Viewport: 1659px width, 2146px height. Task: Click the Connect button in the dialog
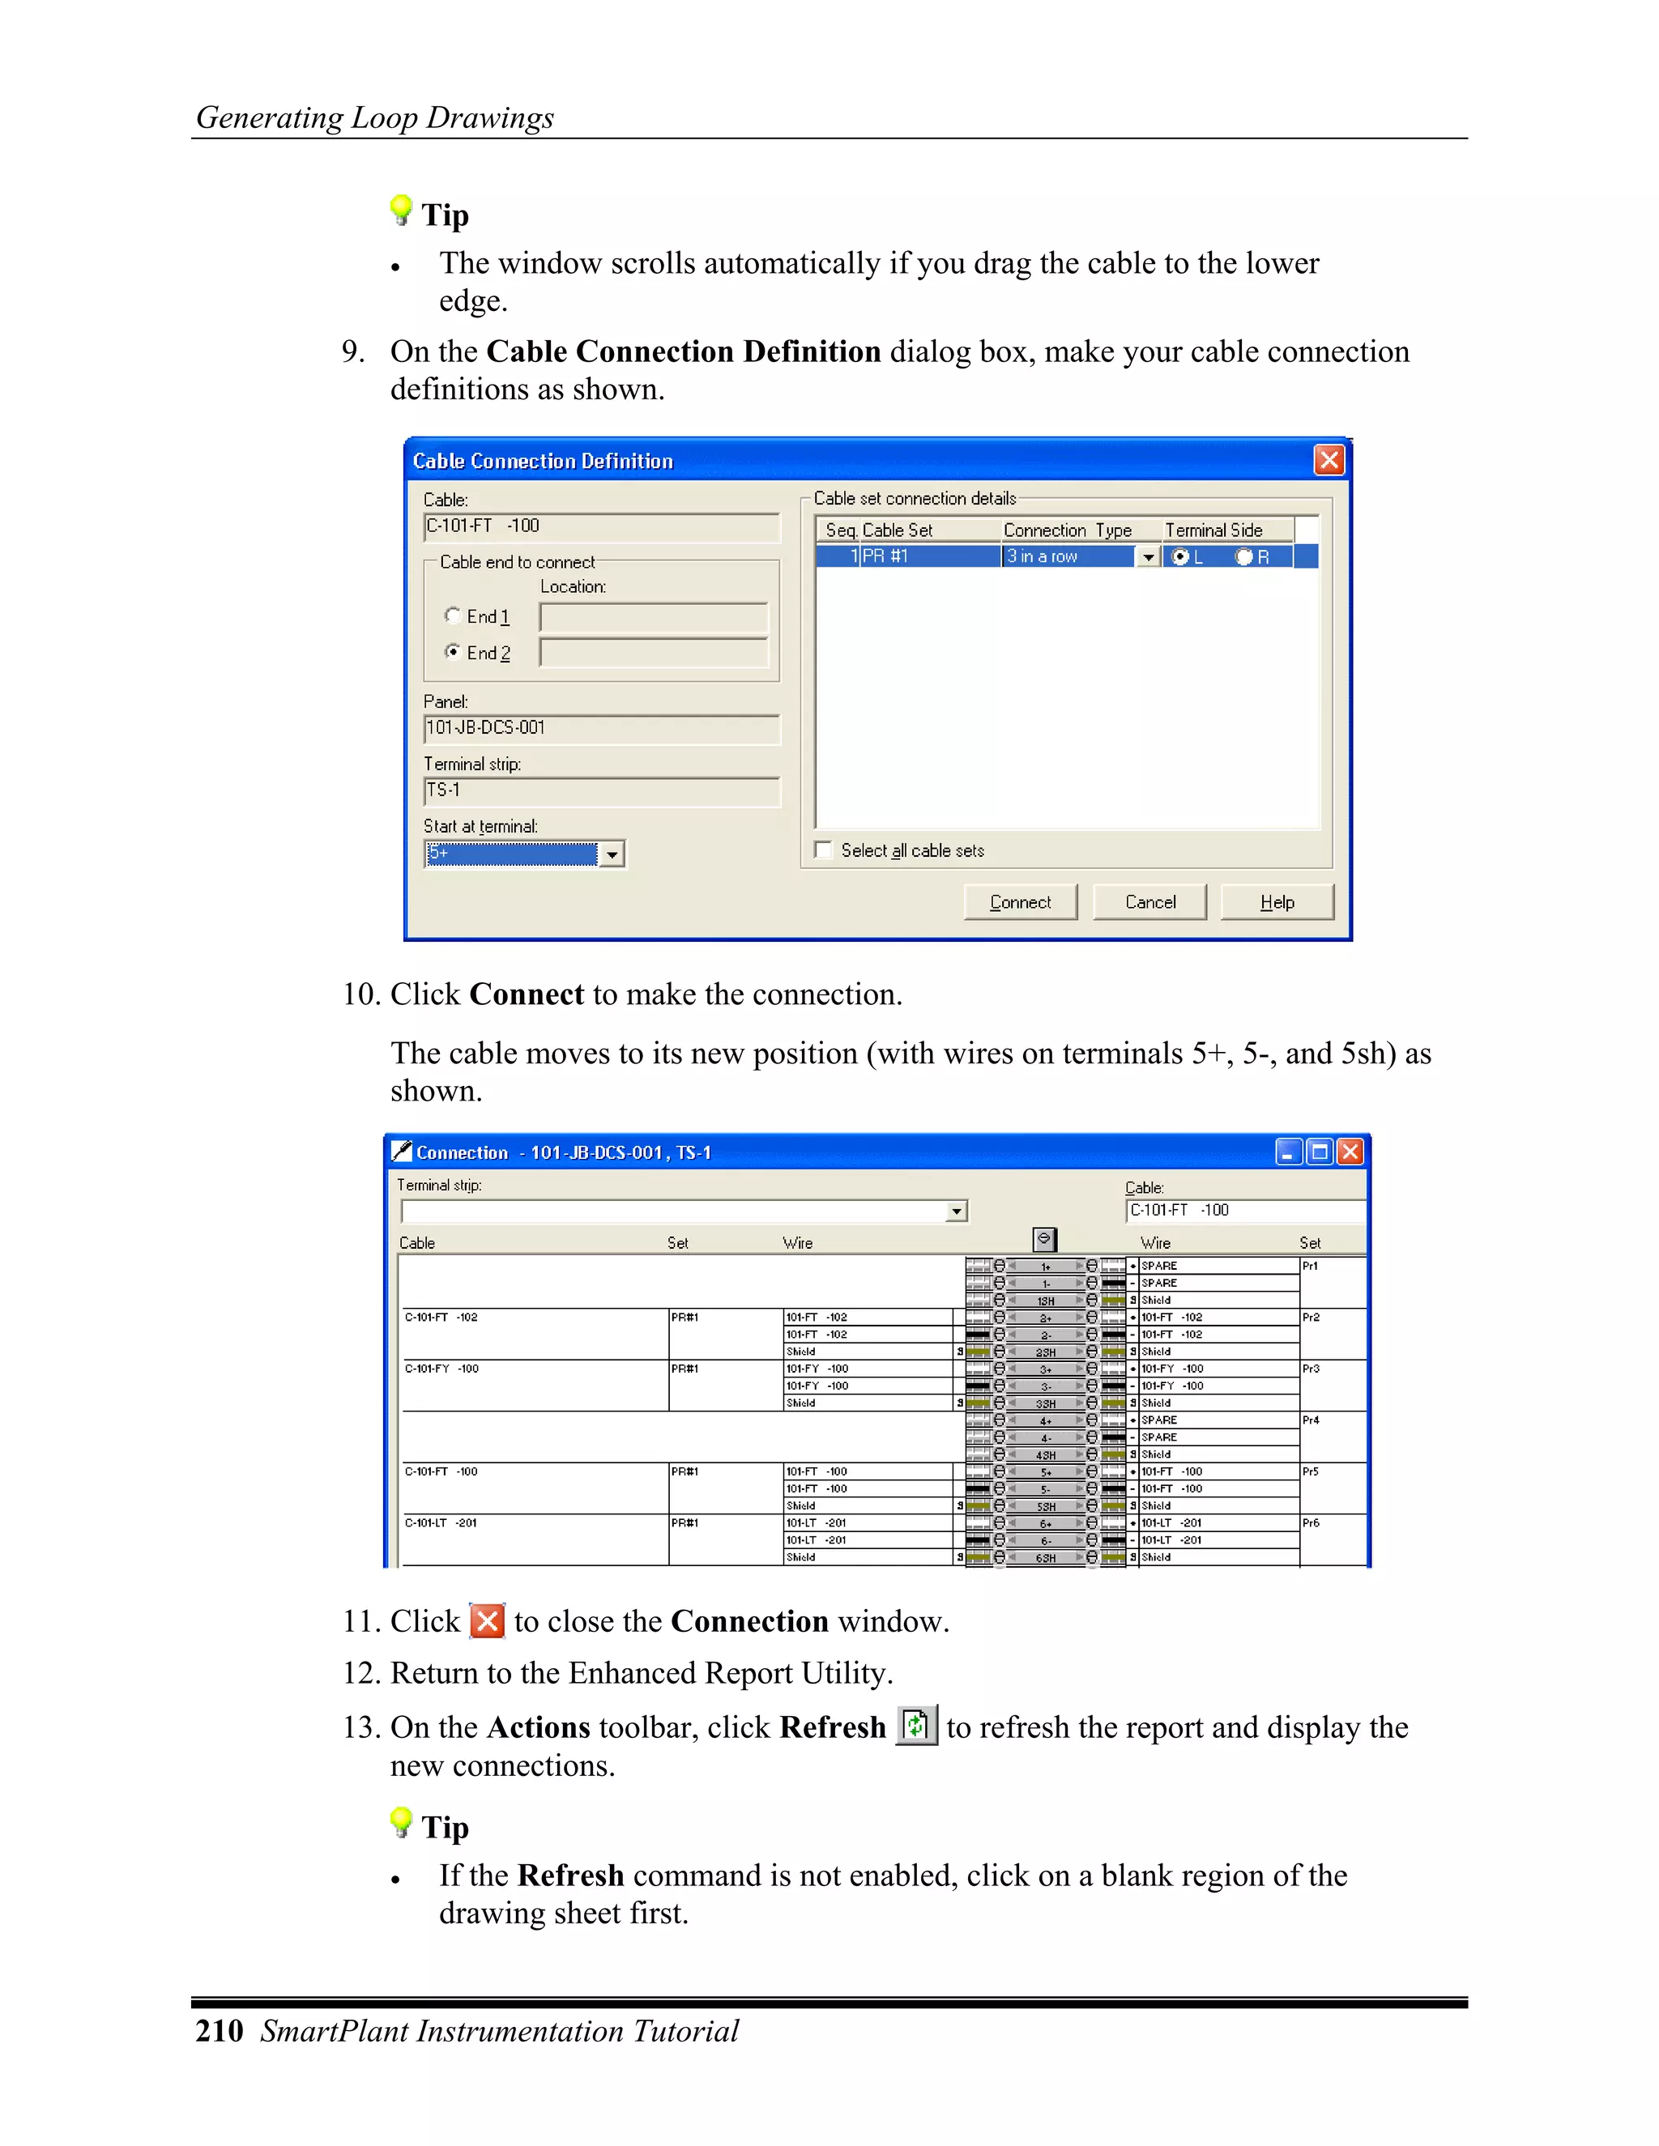1019,901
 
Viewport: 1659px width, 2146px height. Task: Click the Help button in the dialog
1276,901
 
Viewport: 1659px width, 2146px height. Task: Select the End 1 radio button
452,615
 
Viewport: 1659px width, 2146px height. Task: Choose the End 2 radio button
452,651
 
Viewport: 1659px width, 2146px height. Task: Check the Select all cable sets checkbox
824,850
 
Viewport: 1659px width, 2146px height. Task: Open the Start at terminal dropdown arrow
612,854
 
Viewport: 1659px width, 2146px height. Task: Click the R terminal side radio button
1244,557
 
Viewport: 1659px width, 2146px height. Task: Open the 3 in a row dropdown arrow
1147,557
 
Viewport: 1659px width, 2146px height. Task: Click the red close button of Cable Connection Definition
1328,460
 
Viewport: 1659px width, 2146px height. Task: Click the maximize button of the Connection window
1319,1152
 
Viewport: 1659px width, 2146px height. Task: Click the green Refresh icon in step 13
916,1726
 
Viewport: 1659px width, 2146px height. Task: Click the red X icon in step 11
488,1620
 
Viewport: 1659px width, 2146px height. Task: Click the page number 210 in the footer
220,2030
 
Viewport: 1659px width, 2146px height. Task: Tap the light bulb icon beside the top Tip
400,209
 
